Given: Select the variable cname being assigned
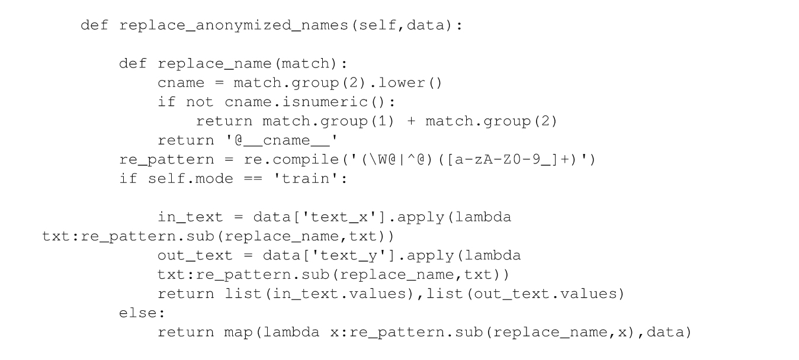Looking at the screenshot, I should tap(181, 83).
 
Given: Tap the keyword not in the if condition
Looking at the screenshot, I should tap(200, 102).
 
